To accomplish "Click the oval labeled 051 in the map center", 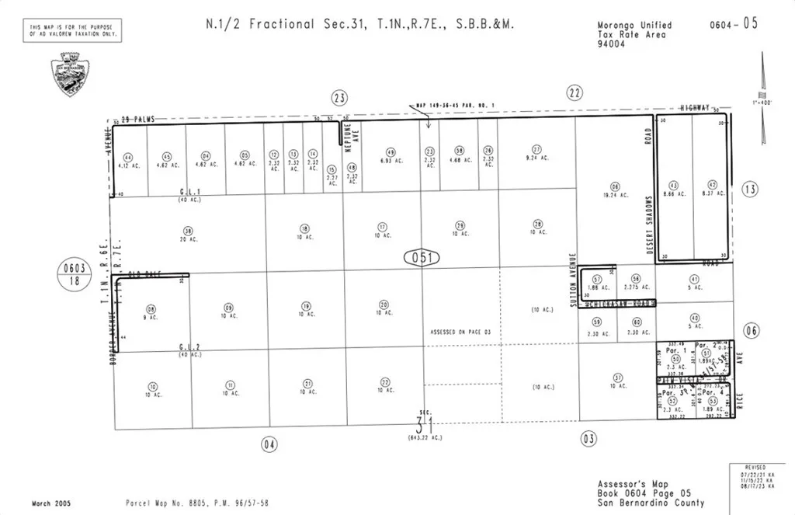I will point(422,257).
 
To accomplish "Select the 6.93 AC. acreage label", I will point(391,161).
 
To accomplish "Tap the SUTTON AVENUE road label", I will point(572,280).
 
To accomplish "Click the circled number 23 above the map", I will point(339,97).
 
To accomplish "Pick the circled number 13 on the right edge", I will point(749,189).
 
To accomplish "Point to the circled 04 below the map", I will point(269,444).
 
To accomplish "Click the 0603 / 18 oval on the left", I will point(74,275).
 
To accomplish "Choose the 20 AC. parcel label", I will point(187,238).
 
